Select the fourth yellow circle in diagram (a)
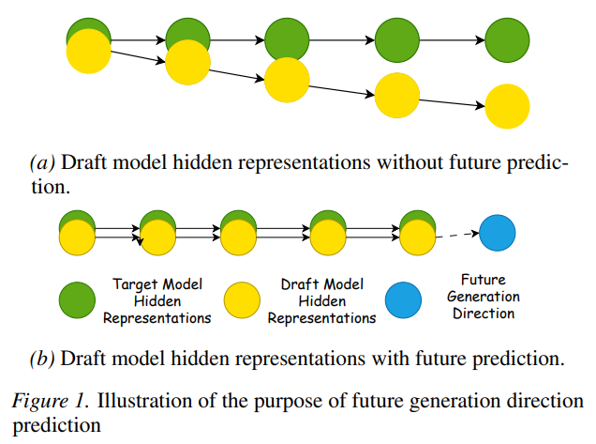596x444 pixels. coord(397,94)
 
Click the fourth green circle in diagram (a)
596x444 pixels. coord(397,41)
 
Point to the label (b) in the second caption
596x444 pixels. coord(42,357)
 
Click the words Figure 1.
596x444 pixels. coord(53,402)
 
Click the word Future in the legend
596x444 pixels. coord(484,280)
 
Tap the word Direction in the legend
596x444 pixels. coord(484,314)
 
